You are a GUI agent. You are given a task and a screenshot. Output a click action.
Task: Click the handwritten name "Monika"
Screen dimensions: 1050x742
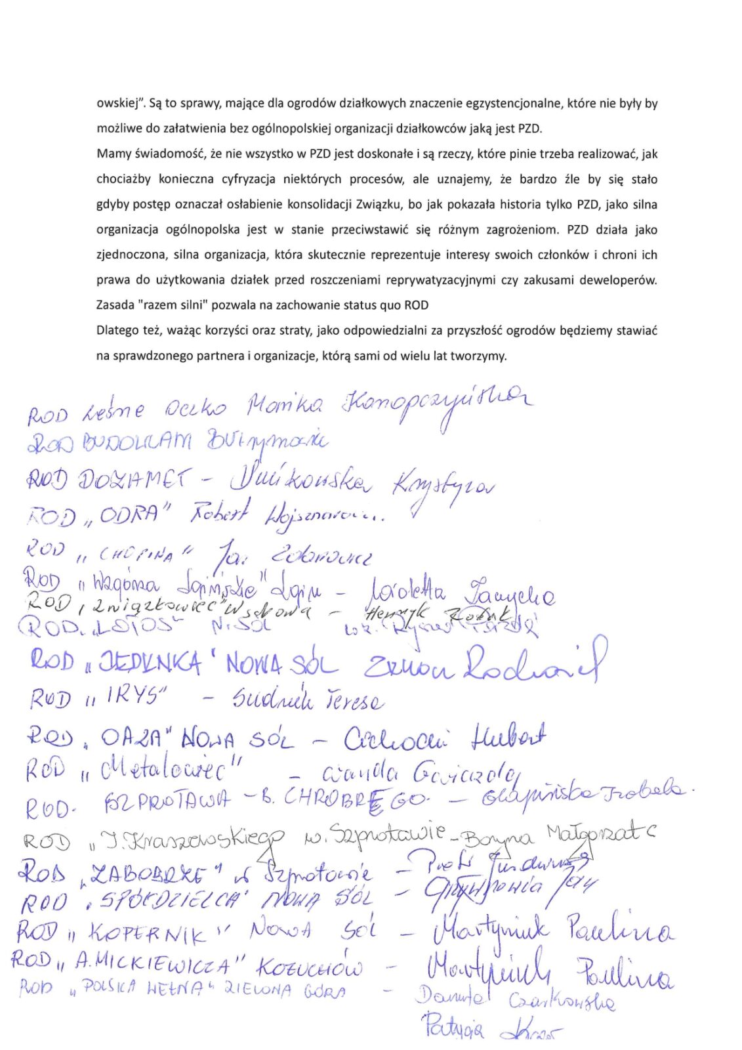pyautogui.click(x=283, y=406)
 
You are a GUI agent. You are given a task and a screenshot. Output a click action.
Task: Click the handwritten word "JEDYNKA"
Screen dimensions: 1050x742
pyautogui.click(x=151, y=663)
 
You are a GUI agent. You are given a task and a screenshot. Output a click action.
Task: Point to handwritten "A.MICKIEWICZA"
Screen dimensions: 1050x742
pyautogui.click(x=152, y=964)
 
